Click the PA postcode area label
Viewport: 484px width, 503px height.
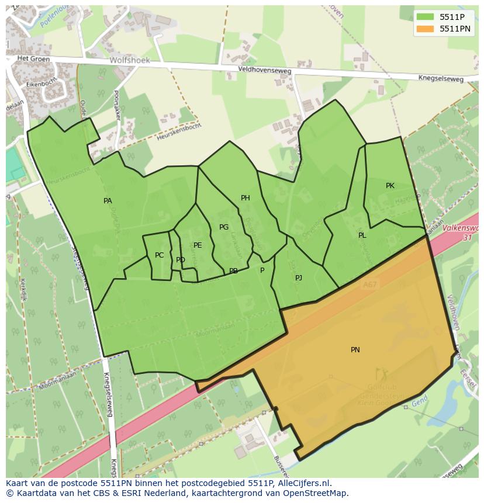coord(108,201)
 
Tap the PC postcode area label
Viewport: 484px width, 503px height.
coord(159,255)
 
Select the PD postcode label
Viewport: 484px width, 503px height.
coord(181,260)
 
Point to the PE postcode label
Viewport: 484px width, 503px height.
coord(198,245)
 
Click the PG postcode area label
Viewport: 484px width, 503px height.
coord(224,227)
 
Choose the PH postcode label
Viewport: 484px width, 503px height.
coord(246,198)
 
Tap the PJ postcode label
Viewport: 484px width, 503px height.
coord(299,278)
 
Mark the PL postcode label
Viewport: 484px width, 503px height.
coord(362,235)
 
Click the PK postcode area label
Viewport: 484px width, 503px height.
coord(390,186)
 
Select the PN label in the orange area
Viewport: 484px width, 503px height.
coord(355,350)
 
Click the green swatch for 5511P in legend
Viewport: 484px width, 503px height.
coord(425,17)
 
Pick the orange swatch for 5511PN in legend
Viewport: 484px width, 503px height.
coord(425,29)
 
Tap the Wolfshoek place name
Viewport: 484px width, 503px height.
coord(130,60)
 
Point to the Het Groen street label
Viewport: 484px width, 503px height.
coord(31,58)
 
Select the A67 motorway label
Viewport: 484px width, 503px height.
coord(369,285)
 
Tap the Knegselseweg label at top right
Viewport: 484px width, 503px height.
coord(441,78)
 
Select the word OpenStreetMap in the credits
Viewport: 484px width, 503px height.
coord(320,493)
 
